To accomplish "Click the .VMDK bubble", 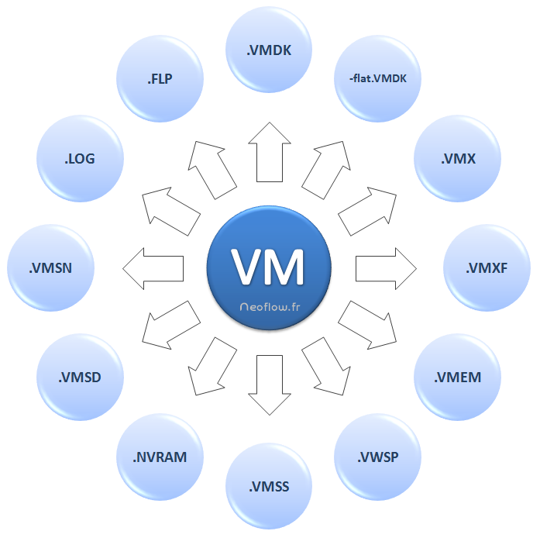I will pos(269,52).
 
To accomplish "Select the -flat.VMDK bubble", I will pos(378,78).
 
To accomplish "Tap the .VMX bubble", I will pos(457,159).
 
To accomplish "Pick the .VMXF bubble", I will pos(487,268).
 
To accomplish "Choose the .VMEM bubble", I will pos(458,378).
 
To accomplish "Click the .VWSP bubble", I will pos(378,457).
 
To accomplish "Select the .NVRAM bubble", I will pos(160,457).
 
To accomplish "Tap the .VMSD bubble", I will pos(80,378).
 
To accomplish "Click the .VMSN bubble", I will pos(50,268).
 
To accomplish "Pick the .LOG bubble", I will pos(80,159).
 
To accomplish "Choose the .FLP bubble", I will pos(160,78).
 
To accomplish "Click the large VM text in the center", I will pos(269,266).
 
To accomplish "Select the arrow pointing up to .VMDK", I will pos(269,152).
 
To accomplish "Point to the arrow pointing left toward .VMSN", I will pos(153,268).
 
